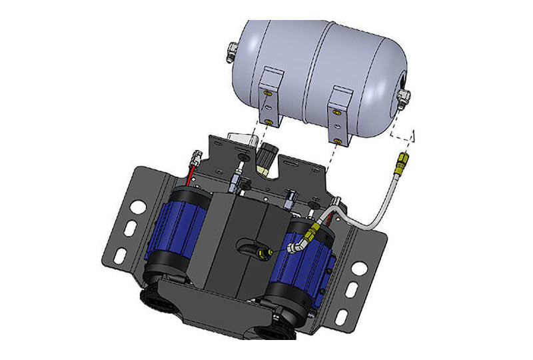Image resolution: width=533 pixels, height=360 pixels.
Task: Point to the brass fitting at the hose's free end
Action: point(402,161)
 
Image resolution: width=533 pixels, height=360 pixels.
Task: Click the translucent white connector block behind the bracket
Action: point(243,143)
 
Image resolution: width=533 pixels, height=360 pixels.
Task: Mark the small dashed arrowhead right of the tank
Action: point(413,137)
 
